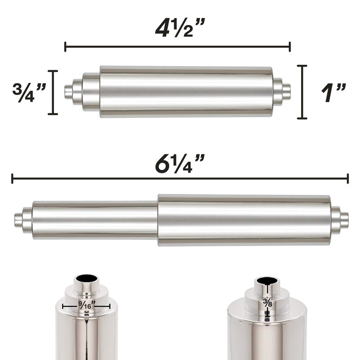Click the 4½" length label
[x=180, y=28]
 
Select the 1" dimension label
[x=333, y=93]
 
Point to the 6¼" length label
[x=180, y=163]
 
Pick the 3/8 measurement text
[x=267, y=303]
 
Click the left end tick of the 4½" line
[x=65, y=47]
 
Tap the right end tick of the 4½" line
[x=290, y=47]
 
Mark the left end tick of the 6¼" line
[x=12, y=179]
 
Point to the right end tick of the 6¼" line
[x=348, y=179]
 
